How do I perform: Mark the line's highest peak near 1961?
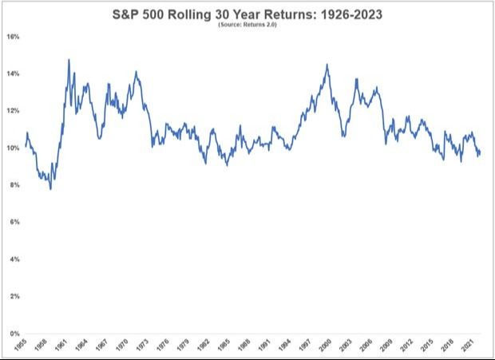(69, 59)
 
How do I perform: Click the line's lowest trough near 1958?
(50, 189)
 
